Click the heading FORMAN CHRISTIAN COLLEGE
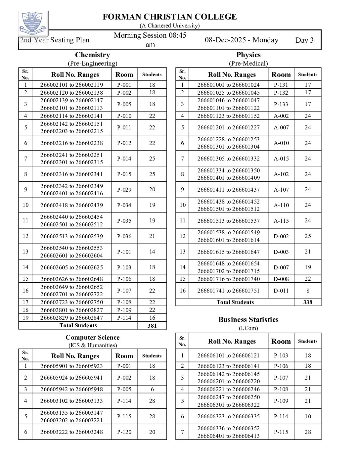[x=169, y=17]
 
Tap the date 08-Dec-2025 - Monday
[x=242, y=40]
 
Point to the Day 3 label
[x=304, y=40]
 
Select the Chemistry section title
[x=92, y=55]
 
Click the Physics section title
[x=248, y=55]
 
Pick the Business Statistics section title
[x=248, y=320]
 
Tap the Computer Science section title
[x=92, y=338]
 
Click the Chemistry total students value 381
[x=152, y=326]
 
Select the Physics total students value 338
[x=308, y=302]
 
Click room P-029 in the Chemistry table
[x=124, y=190]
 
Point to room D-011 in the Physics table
[x=281, y=291]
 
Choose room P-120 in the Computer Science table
[x=124, y=432]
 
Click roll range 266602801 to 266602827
[x=71, y=310]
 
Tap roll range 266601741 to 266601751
[x=228, y=291]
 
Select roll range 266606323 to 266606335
[x=228, y=416]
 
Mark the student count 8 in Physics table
[x=308, y=291]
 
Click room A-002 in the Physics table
[x=281, y=116]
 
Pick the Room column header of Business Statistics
[x=281, y=342]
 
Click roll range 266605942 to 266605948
[x=71, y=389]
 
